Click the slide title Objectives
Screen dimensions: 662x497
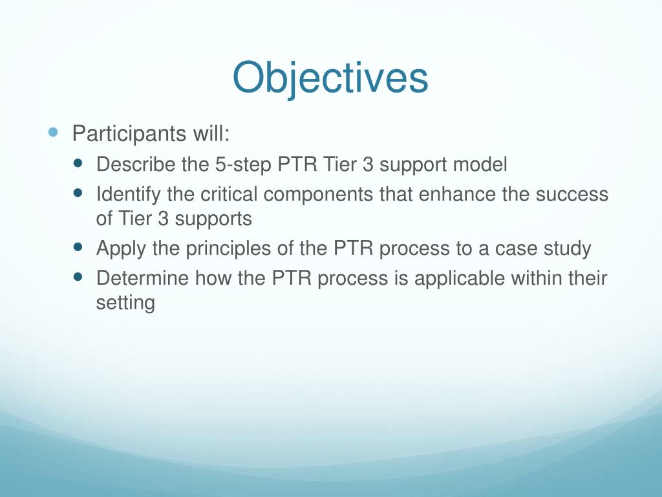(330, 78)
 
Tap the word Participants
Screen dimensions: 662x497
(129, 134)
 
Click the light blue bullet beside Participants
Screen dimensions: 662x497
(53, 132)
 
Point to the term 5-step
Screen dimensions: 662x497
(243, 165)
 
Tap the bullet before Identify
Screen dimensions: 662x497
(78, 193)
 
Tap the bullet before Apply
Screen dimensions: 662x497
(78, 247)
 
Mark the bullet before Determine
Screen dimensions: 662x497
(78, 277)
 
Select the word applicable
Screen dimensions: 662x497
(460, 279)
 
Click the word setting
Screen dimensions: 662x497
(125, 304)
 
